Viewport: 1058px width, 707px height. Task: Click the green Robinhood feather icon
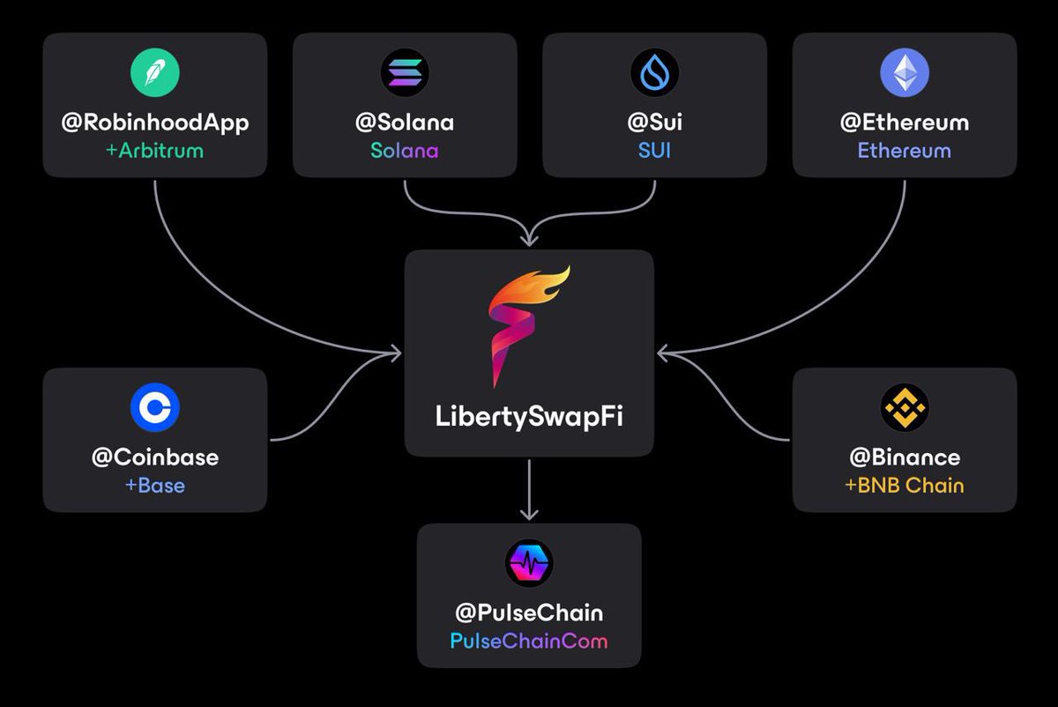pyautogui.click(x=155, y=72)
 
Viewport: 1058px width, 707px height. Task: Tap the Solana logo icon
pyautogui.click(x=404, y=72)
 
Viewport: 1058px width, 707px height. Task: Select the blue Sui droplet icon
pyautogui.click(x=654, y=72)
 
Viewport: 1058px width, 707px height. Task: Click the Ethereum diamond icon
pyautogui.click(x=905, y=72)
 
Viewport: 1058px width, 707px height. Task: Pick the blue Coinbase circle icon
pyautogui.click(x=155, y=407)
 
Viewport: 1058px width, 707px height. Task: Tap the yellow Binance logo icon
pyautogui.click(x=905, y=407)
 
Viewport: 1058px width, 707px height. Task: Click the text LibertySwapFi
pyautogui.click(x=529, y=417)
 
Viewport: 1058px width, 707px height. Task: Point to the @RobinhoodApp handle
pyautogui.click(x=155, y=123)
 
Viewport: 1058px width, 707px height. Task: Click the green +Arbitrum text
pyautogui.click(x=155, y=150)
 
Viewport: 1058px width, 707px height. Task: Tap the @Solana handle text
pyautogui.click(x=404, y=123)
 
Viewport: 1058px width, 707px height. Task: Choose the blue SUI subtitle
pyautogui.click(x=654, y=150)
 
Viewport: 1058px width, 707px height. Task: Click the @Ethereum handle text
pyautogui.click(x=905, y=123)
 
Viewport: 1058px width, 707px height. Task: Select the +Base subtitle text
pyautogui.click(x=155, y=485)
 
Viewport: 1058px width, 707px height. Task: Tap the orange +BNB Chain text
pyautogui.click(x=905, y=485)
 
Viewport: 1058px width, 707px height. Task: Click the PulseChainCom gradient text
pyautogui.click(x=529, y=640)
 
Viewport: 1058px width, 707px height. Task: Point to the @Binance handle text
pyautogui.click(x=905, y=458)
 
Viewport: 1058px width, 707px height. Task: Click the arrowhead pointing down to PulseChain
pyautogui.click(x=529, y=513)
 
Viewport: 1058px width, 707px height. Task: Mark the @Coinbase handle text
pyautogui.click(x=155, y=458)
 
